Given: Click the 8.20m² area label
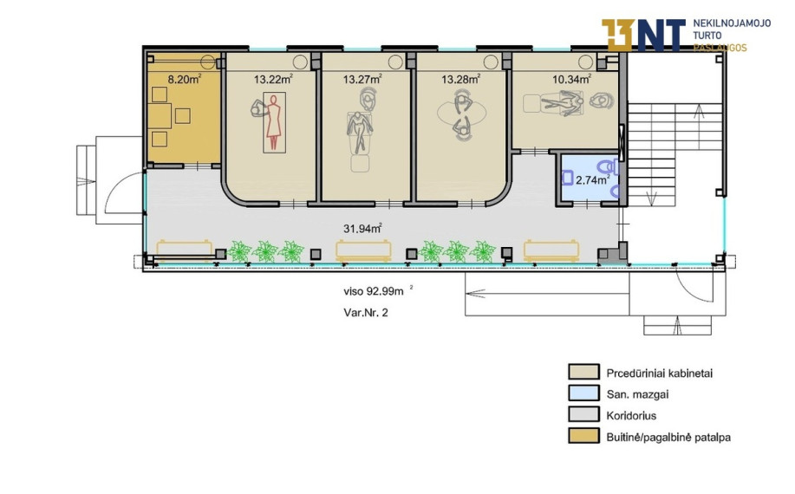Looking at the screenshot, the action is click(184, 79).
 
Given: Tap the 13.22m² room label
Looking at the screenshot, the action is click(273, 79).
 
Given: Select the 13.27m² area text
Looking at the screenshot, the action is click(362, 79).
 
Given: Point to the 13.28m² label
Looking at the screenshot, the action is click(460, 79).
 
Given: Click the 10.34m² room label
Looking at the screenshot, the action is click(571, 79).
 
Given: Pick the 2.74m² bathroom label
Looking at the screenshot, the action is click(593, 179).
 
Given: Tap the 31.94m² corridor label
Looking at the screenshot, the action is click(362, 228).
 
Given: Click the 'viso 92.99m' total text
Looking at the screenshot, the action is click(374, 291).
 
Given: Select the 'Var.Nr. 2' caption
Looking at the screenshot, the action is click(366, 313).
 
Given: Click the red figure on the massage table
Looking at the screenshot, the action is click(274, 122).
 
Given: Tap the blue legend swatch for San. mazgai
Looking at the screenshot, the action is click(583, 393).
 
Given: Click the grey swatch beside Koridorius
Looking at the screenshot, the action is click(583, 415).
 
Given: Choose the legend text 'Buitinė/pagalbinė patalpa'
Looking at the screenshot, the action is click(668, 437).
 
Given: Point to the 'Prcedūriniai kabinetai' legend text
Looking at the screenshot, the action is click(660, 373).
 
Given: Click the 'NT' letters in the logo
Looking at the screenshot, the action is click(660, 35).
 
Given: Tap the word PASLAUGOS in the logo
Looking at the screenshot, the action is click(720, 48).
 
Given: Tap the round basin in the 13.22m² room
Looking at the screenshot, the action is click(300, 62).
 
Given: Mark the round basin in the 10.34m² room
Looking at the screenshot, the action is click(585, 62).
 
